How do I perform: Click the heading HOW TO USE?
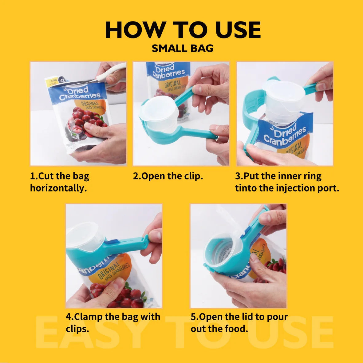(x=183, y=30)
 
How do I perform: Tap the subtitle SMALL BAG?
(x=183, y=49)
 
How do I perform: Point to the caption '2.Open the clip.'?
(x=168, y=176)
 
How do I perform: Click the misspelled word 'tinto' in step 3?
(x=246, y=188)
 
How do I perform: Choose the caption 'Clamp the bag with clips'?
(x=113, y=322)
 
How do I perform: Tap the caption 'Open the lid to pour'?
(x=239, y=317)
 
